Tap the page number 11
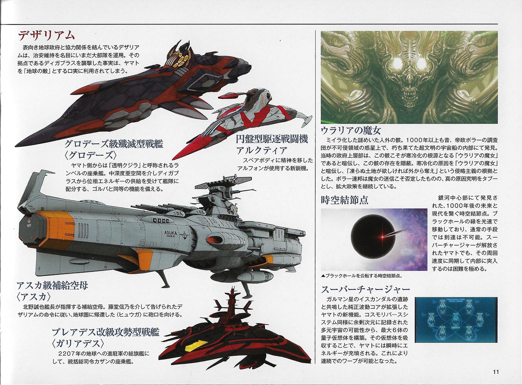496,372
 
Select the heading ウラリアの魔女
351,131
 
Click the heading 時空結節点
345,200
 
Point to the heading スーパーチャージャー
365,289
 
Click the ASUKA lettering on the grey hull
171,233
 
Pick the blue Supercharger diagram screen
456,320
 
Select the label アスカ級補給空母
52,286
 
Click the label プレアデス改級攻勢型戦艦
106,332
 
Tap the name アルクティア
262,150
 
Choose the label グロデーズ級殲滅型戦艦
114,144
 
